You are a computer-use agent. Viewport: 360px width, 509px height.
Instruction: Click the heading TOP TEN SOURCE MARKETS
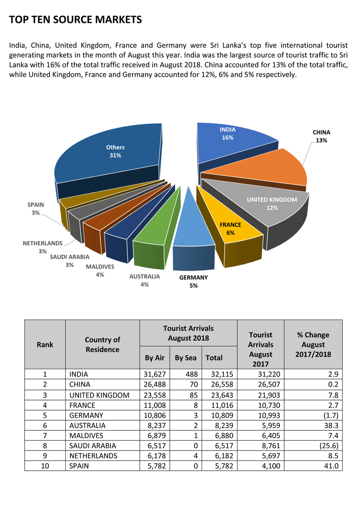[75, 20]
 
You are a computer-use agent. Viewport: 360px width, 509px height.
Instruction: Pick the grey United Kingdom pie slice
[269, 204]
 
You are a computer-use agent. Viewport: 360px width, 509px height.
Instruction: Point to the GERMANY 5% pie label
[193, 282]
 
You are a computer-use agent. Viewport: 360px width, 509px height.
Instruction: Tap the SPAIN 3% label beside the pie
[36, 209]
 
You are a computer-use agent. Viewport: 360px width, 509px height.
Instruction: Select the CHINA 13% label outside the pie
[321, 136]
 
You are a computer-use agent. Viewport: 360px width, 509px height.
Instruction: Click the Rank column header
[45, 344]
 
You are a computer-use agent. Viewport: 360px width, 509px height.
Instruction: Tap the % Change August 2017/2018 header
[313, 344]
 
